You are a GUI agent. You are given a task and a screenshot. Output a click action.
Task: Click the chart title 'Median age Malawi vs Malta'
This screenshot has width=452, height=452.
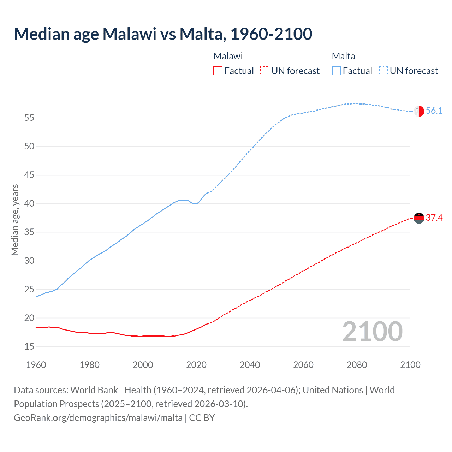click(x=163, y=34)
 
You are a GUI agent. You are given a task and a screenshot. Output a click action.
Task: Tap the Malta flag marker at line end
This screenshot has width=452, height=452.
click(x=419, y=111)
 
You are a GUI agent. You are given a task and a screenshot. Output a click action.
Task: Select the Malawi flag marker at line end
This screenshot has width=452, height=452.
click(x=419, y=218)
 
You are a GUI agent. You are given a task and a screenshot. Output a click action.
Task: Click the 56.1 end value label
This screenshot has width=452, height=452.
click(x=434, y=111)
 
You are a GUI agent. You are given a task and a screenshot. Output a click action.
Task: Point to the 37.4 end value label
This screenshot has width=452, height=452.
click(x=434, y=218)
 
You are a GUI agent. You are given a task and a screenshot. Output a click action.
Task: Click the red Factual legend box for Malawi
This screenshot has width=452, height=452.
click(x=218, y=71)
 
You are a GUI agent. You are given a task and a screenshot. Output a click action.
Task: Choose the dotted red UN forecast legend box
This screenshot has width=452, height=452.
click(x=265, y=71)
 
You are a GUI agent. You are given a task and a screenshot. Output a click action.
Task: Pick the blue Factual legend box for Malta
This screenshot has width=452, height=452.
click(x=337, y=71)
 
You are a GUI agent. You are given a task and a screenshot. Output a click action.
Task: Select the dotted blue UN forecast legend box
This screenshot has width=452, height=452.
click(x=383, y=71)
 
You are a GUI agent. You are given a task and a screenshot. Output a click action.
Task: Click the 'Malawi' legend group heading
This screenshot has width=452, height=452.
click(x=228, y=56)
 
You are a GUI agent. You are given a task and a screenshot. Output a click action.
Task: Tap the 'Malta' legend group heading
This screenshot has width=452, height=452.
click(x=343, y=56)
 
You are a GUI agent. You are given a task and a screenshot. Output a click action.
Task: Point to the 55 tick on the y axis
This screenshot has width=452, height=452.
click(x=29, y=118)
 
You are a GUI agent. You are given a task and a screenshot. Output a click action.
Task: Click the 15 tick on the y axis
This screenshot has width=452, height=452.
click(x=29, y=347)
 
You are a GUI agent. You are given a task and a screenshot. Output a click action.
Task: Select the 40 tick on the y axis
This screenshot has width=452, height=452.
click(x=29, y=204)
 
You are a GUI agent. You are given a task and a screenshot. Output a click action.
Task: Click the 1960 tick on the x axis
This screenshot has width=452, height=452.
click(x=36, y=365)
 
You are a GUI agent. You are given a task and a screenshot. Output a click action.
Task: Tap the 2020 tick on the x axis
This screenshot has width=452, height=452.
click(x=196, y=365)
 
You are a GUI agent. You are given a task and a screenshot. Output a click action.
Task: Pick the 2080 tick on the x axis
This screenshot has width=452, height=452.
click(x=357, y=365)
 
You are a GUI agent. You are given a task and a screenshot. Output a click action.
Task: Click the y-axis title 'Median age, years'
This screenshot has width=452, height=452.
click(x=15, y=220)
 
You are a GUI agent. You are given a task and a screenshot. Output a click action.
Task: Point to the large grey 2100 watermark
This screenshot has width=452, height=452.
click(x=372, y=331)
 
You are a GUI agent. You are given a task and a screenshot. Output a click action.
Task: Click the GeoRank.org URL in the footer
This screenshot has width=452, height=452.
click(x=98, y=418)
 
